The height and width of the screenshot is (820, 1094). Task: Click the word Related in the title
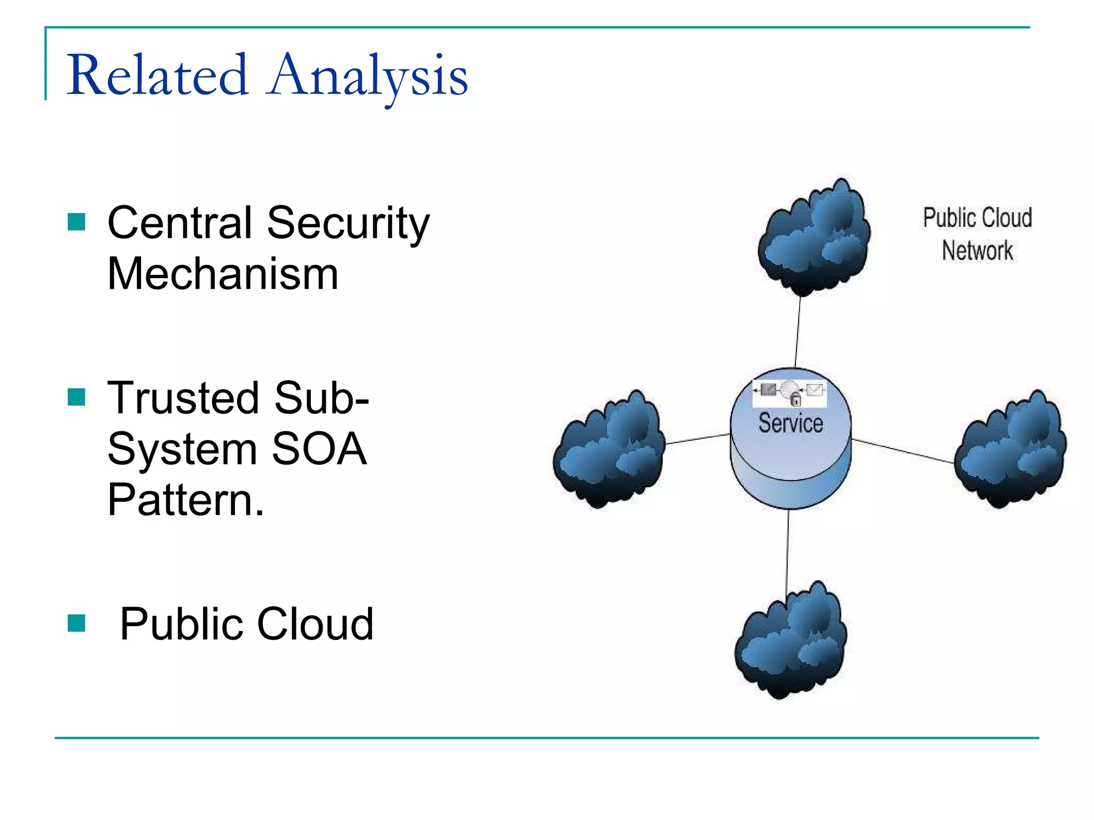[158, 76]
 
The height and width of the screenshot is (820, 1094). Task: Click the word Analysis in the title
[369, 76]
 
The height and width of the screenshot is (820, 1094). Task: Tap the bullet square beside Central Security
[76, 222]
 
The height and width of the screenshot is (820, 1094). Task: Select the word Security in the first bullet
[348, 223]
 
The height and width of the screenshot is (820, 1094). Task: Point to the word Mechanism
[223, 274]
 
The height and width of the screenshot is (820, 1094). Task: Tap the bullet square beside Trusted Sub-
[76, 397]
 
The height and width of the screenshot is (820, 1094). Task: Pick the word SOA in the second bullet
[319, 449]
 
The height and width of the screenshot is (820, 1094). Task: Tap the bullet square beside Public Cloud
[76, 622]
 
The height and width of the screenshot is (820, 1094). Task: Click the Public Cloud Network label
[977, 234]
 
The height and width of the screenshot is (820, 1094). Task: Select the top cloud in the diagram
[814, 239]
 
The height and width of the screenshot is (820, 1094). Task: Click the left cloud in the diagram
[609, 450]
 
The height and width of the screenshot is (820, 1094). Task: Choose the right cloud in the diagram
[1011, 450]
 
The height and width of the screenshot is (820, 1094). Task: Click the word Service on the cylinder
[791, 423]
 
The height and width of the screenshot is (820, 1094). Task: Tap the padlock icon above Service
[795, 399]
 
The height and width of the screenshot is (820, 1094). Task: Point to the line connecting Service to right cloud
[903, 451]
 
